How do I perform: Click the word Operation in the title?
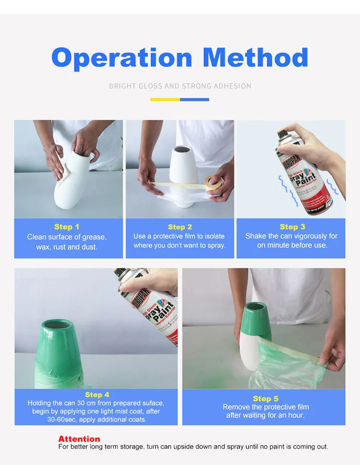[x=122, y=58]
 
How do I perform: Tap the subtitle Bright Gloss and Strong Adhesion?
[x=180, y=86]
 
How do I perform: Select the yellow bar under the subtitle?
[x=165, y=99]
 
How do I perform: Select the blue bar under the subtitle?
[x=194, y=99]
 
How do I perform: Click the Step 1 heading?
[x=67, y=227]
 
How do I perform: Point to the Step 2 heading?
[x=180, y=227]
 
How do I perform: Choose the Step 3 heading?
[x=292, y=227]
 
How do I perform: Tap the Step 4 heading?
[x=97, y=394]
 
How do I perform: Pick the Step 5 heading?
[x=265, y=398]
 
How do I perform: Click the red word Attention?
[x=79, y=439]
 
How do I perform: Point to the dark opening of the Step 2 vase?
[x=186, y=149]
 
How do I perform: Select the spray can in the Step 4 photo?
[x=149, y=307]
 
